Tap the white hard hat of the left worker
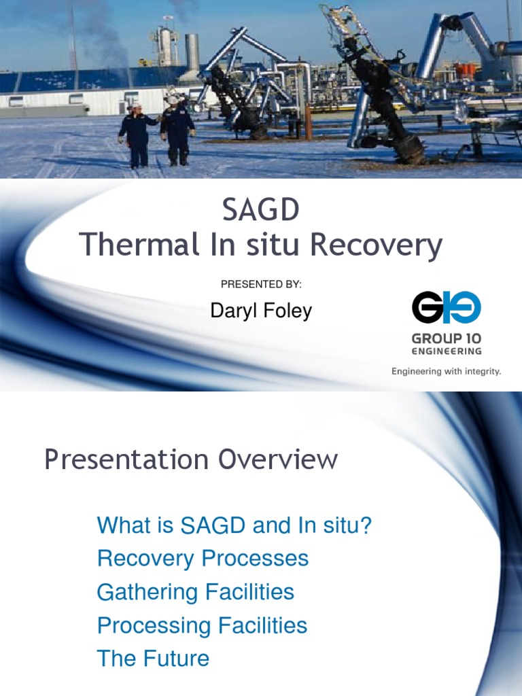pos(136,106)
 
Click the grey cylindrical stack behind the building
pos(192,52)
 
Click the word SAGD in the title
pos(261,211)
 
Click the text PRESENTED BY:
pos(261,284)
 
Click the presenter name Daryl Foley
pos(261,311)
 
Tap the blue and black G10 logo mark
pos(446,307)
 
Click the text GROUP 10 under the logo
pos(446,338)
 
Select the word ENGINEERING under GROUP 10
pos(446,351)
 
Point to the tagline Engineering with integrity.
pos(445,372)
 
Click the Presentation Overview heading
pos(191,460)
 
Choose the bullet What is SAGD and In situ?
pos(234,525)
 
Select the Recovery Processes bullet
pos(203,559)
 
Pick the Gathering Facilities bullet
pos(196,592)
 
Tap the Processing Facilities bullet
pos(202,625)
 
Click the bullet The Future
pos(153,659)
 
